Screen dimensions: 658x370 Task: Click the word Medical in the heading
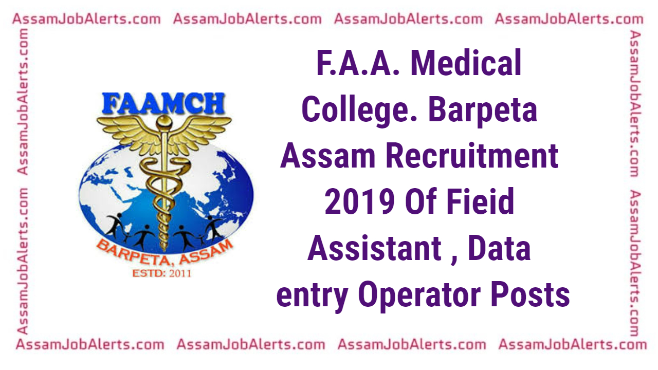pyautogui.click(x=466, y=63)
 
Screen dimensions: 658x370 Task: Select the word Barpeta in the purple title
pyautogui.click(x=483, y=110)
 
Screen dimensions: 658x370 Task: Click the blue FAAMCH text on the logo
pyautogui.click(x=163, y=103)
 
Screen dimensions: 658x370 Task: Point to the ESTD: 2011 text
pyautogui.click(x=161, y=273)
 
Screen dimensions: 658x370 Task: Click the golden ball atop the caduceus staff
pyautogui.click(x=163, y=122)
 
